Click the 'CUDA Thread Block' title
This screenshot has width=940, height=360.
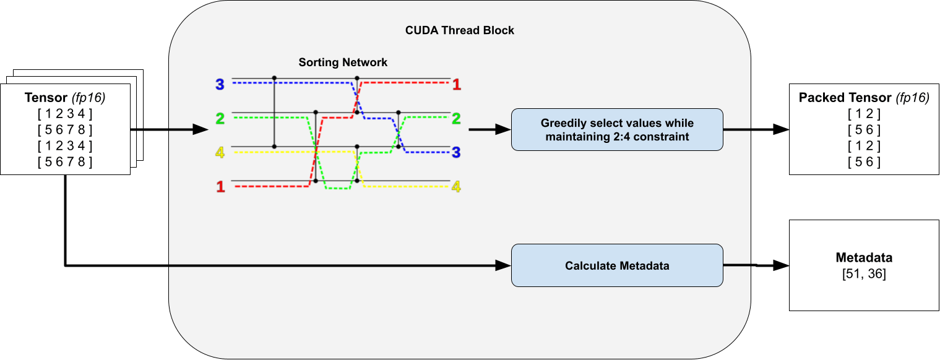[x=459, y=30]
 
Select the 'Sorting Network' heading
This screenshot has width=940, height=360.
[x=343, y=62]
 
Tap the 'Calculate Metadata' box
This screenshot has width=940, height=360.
[x=617, y=265]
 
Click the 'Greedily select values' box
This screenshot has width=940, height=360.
[x=617, y=129]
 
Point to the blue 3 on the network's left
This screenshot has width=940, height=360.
[x=220, y=85]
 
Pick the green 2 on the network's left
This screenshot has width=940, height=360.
[x=220, y=118]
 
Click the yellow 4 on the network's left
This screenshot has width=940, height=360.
[x=220, y=152]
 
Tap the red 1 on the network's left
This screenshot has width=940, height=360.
[x=220, y=186]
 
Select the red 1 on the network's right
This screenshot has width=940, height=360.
[x=457, y=85]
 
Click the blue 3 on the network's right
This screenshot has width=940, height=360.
[x=457, y=152]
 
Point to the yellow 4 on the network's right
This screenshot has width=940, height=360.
[x=457, y=186]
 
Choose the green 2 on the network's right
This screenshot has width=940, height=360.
[x=457, y=118]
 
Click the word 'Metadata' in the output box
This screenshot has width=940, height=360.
[x=864, y=258]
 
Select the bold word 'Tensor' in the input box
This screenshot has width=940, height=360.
[x=46, y=98]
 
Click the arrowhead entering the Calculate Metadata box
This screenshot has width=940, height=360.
[x=504, y=266]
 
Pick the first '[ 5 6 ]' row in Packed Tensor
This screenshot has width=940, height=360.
[x=865, y=130]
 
